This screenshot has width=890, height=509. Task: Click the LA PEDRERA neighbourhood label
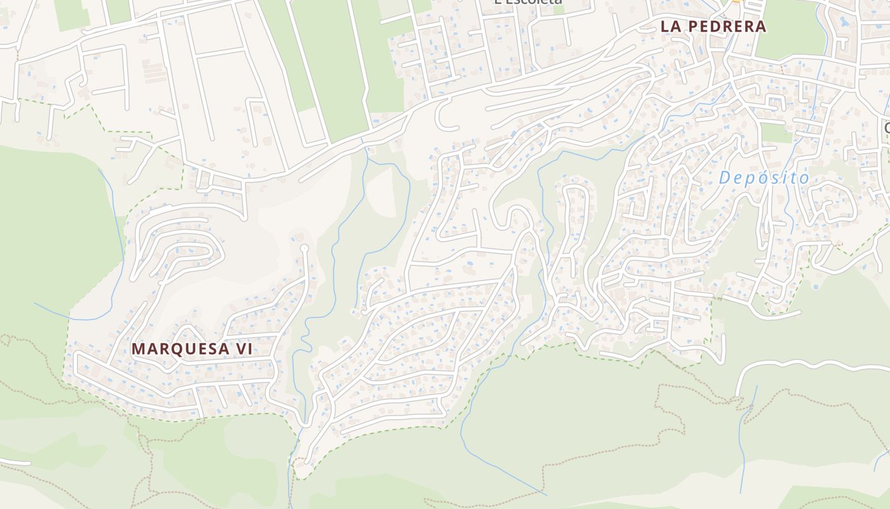tap(713, 27)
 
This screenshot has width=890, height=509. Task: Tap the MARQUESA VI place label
tap(191, 349)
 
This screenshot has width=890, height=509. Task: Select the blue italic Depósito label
tap(764, 178)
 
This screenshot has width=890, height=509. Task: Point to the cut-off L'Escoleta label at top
tap(528, 2)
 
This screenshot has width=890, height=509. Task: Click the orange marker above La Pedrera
tap(737, 1)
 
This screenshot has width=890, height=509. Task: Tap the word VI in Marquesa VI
tap(243, 349)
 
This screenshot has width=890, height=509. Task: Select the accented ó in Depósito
tap(762, 178)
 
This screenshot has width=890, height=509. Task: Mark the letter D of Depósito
tap(725, 178)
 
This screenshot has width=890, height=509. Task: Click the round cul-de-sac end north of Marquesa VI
tap(304, 248)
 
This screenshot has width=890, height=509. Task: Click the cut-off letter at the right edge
tap(886, 127)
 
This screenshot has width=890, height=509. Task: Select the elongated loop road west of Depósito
tap(575, 210)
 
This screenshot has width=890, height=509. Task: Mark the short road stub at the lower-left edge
tap(16, 462)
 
